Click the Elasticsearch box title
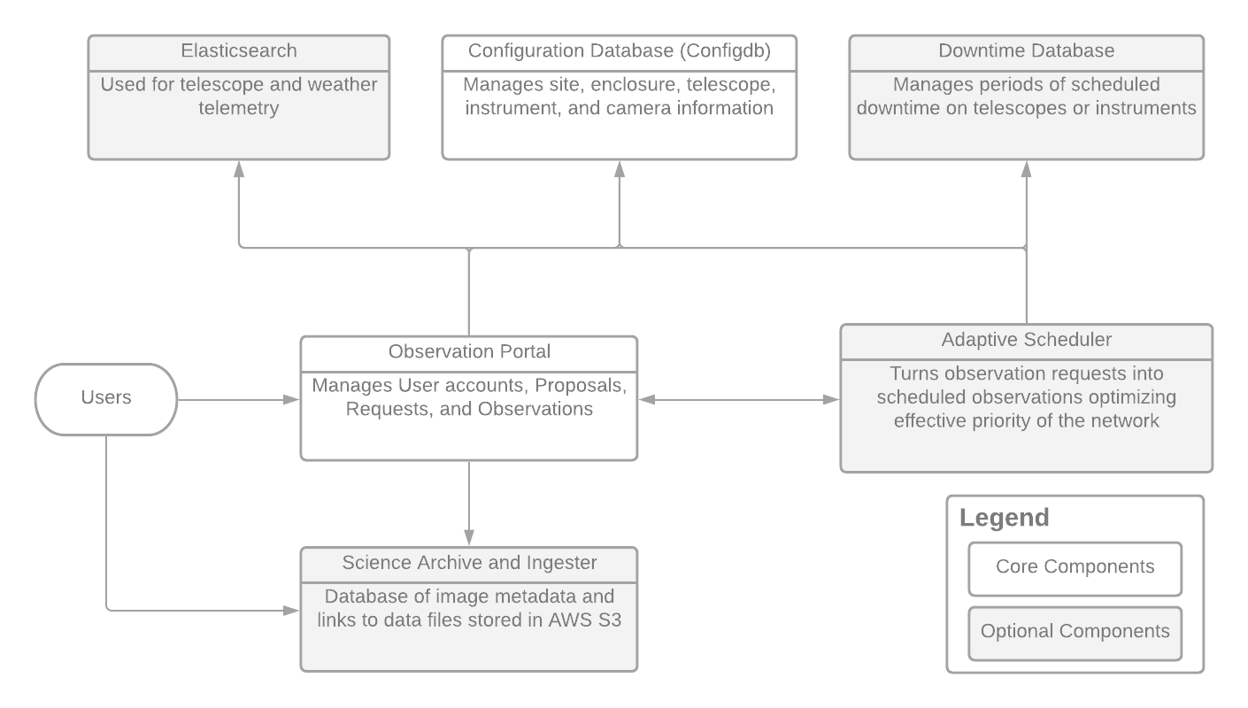click(238, 51)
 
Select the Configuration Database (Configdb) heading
click(619, 51)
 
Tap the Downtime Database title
click(1026, 51)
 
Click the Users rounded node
click(106, 398)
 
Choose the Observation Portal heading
click(469, 352)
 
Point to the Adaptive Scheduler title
click(1026, 340)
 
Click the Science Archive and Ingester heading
click(469, 563)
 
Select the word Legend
click(1005, 518)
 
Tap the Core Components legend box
click(1075, 567)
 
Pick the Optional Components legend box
click(1075, 632)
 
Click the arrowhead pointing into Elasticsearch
click(238, 168)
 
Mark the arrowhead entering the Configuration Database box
click(619, 168)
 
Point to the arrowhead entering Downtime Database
click(1026, 168)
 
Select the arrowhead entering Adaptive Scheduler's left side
click(831, 400)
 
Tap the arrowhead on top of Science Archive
click(469, 538)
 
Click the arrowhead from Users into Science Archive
click(291, 611)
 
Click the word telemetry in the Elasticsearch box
click(238, 109)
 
